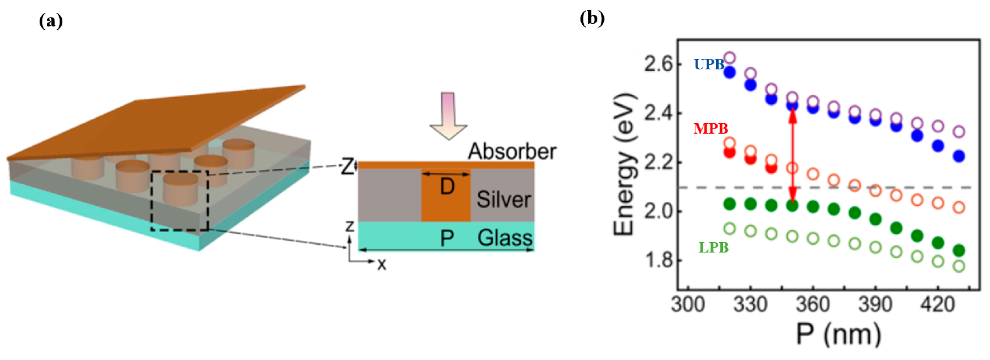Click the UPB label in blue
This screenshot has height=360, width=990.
(709, 64)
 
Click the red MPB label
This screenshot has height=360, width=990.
(711, 128)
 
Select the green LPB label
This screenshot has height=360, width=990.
(713, 247)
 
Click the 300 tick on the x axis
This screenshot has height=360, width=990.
(687, 305)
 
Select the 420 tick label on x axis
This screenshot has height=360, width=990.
(938, 305)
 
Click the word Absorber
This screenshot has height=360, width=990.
(512, 151)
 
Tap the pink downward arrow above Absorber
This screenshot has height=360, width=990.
(448, 115)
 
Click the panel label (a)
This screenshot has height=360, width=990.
(51, 21)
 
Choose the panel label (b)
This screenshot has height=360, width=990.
(592, 18)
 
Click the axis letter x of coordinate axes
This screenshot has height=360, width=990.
(381, 264)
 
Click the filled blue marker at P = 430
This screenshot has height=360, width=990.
(959, 156)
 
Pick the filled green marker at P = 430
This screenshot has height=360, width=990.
(959, 250)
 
